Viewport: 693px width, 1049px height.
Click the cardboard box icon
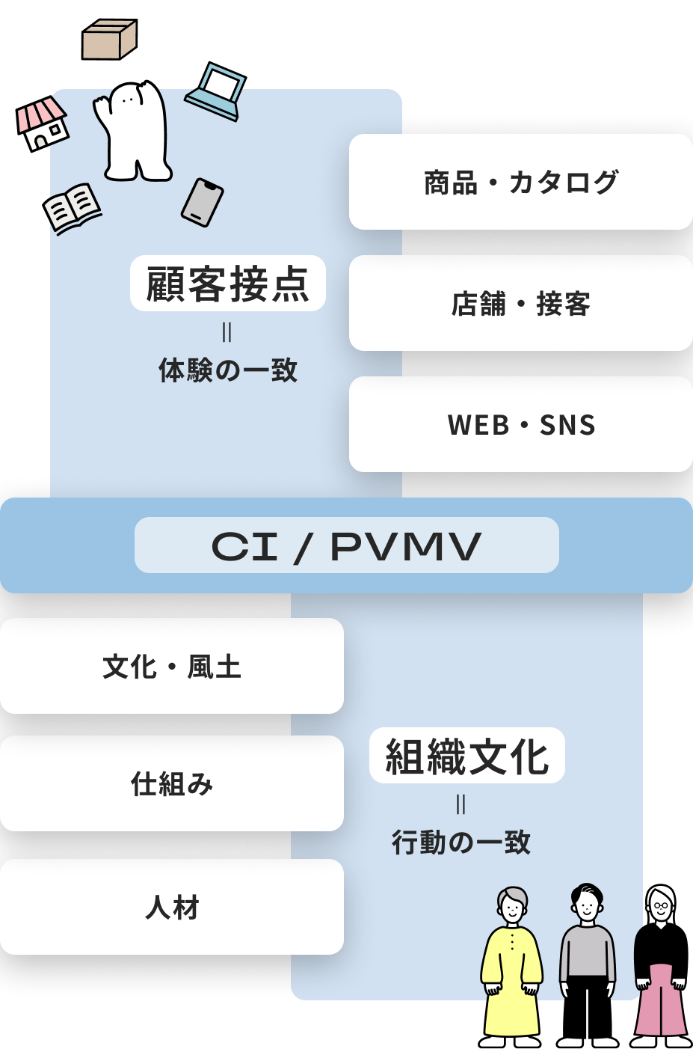[109, 40]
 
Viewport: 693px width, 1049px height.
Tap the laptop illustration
[216, 93]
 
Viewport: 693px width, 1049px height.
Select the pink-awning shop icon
[43, 123]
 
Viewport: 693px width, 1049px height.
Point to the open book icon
[73, 207]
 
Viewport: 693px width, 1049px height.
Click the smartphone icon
[203, 202]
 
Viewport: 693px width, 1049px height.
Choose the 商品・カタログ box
[521, 183]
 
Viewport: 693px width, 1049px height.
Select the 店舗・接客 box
[521, 304]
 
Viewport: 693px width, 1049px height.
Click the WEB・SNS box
[521, 425]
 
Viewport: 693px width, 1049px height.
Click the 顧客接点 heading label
[228, 284]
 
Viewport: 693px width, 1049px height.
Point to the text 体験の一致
[228, 370]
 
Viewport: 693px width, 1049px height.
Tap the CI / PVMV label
[347, 545]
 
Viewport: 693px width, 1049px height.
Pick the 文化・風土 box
[172, 667]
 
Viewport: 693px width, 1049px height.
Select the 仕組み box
[172, 784]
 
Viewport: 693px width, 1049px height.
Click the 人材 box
[172, 908]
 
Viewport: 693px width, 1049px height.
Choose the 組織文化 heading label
[467, 756]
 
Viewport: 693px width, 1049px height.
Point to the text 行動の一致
[461, 842]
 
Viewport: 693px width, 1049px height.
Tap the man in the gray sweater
[588, 965]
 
